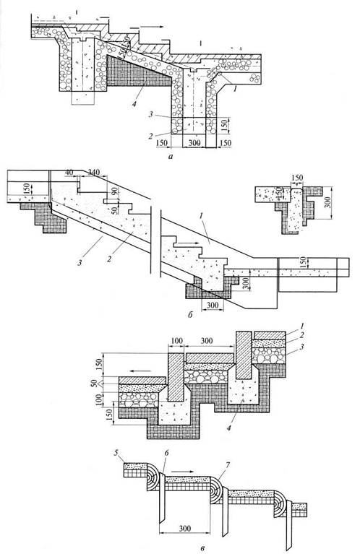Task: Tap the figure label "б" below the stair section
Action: [191, 314]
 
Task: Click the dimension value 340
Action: [94, 172]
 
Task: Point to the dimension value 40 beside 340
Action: [69, 172]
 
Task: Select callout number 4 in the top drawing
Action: [134, 104]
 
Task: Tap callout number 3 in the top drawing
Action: [151, 114]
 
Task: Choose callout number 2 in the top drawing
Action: [151, 137]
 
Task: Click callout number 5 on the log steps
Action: [116, 453]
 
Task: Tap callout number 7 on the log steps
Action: [227, 464]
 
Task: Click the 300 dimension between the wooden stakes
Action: [184, 529]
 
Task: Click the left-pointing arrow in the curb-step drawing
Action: [141, 371]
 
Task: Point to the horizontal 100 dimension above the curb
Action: [176, 342]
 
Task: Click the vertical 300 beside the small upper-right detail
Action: [328, 202]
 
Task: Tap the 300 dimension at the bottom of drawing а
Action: [194, 143]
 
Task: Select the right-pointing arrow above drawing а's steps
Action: [147, 27]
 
